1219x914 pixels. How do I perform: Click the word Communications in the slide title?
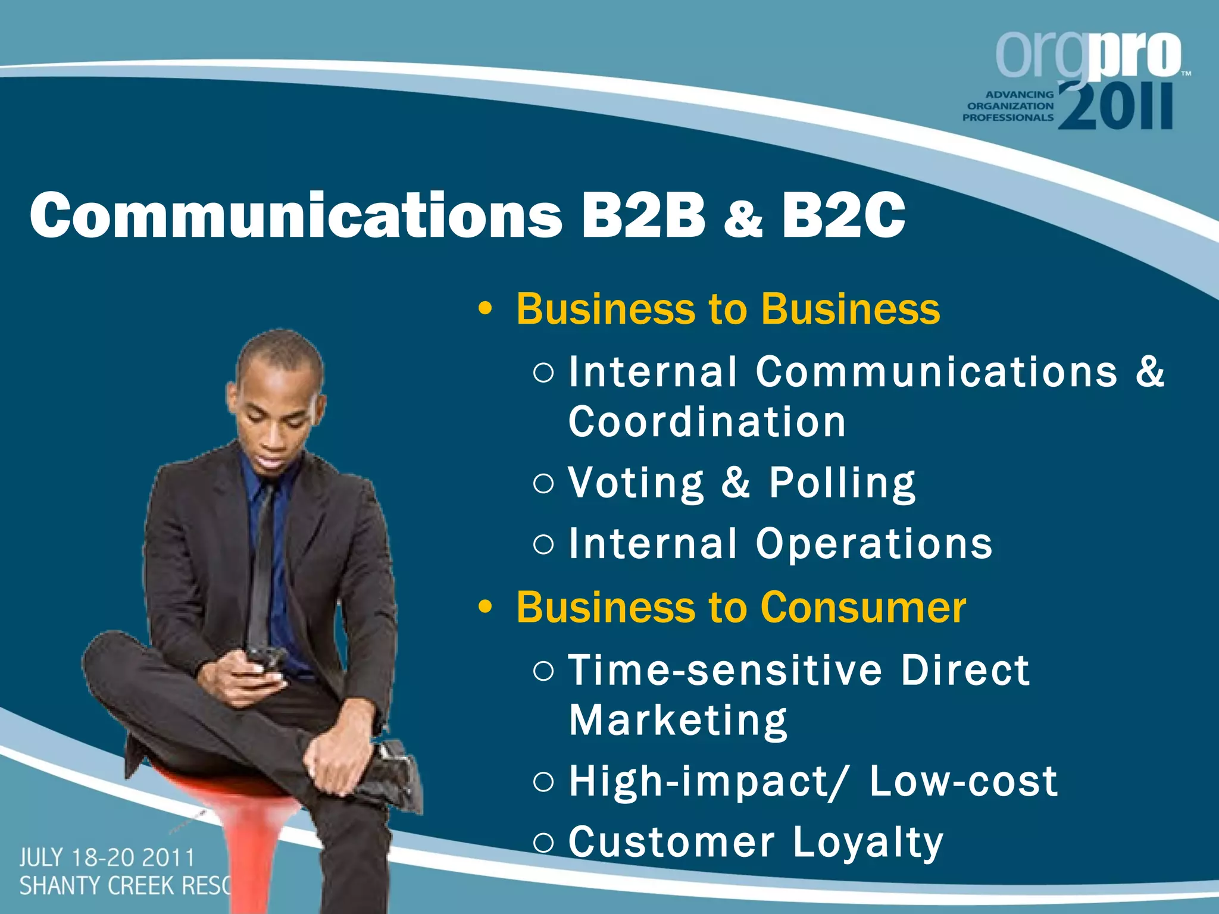tap(296, 215)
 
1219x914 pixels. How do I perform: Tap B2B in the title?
tap(643, 215)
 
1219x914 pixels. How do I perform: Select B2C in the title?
tap(843, 215)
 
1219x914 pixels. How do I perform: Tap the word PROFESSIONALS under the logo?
tap(1008, 118)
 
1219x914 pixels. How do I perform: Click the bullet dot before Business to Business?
tap(486, 309)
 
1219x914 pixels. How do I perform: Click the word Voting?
tap(636, 483)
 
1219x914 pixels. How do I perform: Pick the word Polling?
tap(842, 483)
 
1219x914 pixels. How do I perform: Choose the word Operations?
tap(874, 544)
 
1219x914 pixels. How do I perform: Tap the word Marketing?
tap(678, 721)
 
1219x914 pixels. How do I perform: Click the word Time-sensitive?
tap(724, 670)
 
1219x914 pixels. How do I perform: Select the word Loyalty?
tap(868, 843)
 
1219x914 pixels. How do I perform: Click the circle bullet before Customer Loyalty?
tap(543, 843)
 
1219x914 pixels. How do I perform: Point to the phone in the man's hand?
tap(266, 660)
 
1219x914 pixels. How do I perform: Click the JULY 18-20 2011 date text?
tap(107, 858)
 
